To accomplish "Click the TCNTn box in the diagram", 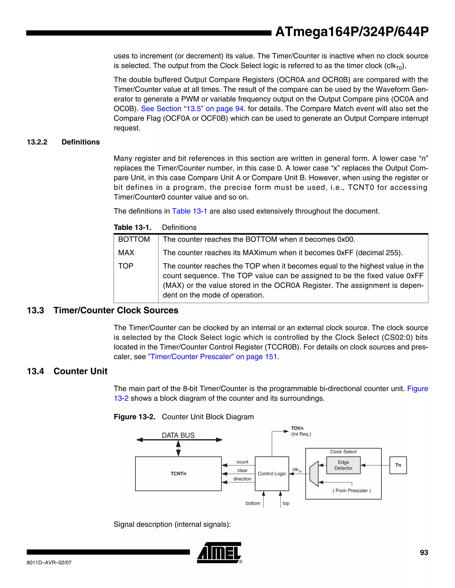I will [178, 474].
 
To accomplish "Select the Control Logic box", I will [272, 474].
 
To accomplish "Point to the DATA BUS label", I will [178, 435].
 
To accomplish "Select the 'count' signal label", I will [242, 462].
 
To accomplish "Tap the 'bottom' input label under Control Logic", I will [253, 503].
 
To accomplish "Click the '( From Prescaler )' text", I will [351, 491].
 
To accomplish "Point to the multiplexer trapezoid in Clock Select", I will [314, 474].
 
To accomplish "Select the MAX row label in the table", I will [126, 253].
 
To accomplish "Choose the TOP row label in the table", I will [126, 266].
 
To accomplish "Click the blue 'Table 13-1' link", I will [190, 211].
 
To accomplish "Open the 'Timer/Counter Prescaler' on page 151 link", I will [212, 357].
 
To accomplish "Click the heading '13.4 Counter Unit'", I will [67, 371].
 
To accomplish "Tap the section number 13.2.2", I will [37, 142].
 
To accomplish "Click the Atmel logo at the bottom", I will [219, 553].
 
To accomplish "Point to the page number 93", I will [424, 552].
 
